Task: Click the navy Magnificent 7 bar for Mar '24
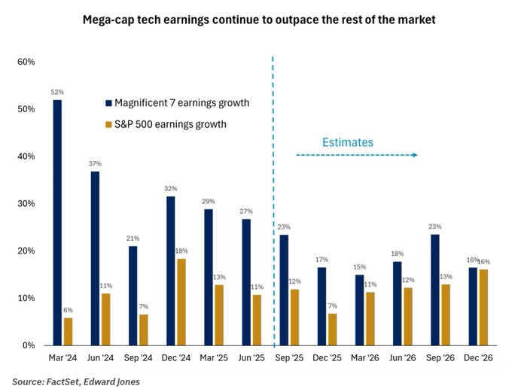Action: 57,223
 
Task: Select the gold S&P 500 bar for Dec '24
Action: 181,302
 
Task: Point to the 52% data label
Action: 57,93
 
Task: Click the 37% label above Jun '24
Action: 95,164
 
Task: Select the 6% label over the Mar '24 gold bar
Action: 69,311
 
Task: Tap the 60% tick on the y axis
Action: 26,62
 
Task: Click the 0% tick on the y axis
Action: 29,345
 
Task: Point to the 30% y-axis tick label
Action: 26,204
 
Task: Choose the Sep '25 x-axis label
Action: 290,360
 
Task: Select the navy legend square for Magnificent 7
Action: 109,102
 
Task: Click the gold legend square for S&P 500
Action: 109,123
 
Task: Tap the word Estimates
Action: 348,141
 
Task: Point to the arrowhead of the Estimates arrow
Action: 415,155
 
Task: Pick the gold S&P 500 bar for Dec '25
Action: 332,329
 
